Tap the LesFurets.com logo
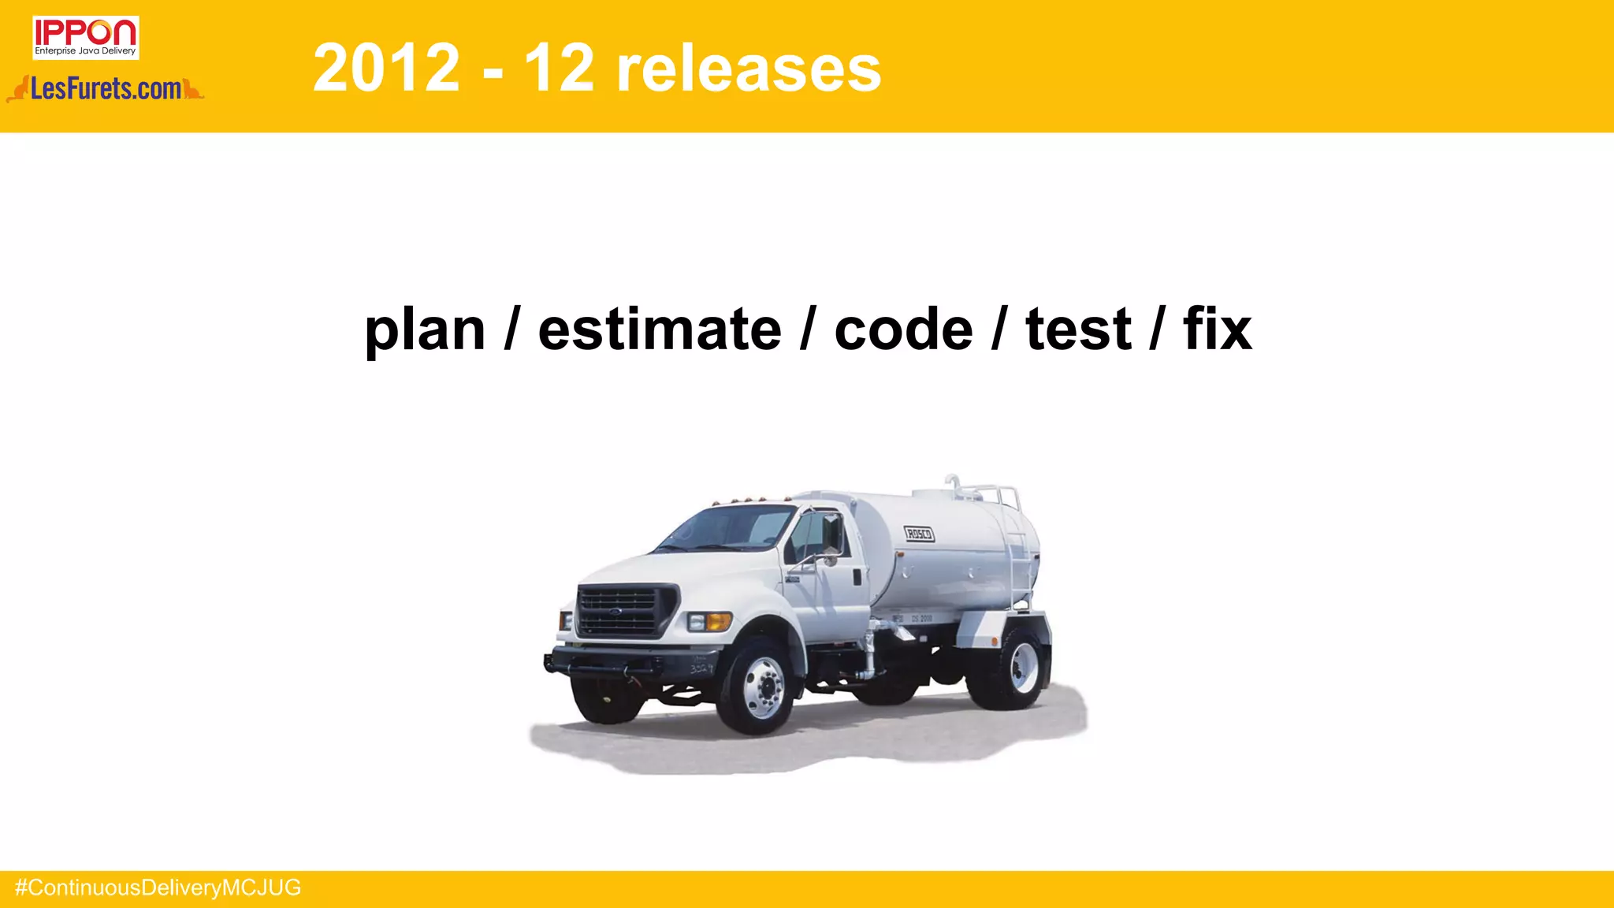(x=106, y=89)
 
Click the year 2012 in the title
(x=386, y=69)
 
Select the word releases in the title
(x=748, y=69)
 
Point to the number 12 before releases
(x=559, y=69)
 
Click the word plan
(x=425, y=329)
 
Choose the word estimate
(x=660, y=329)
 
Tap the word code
(x=903, y=329)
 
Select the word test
(x=1078, y=329)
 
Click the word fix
(x=1217, y=329)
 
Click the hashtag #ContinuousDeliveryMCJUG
(x=158, y=888)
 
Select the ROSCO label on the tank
(x=919, y=534)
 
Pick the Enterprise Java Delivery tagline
(x=85, y=51)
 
